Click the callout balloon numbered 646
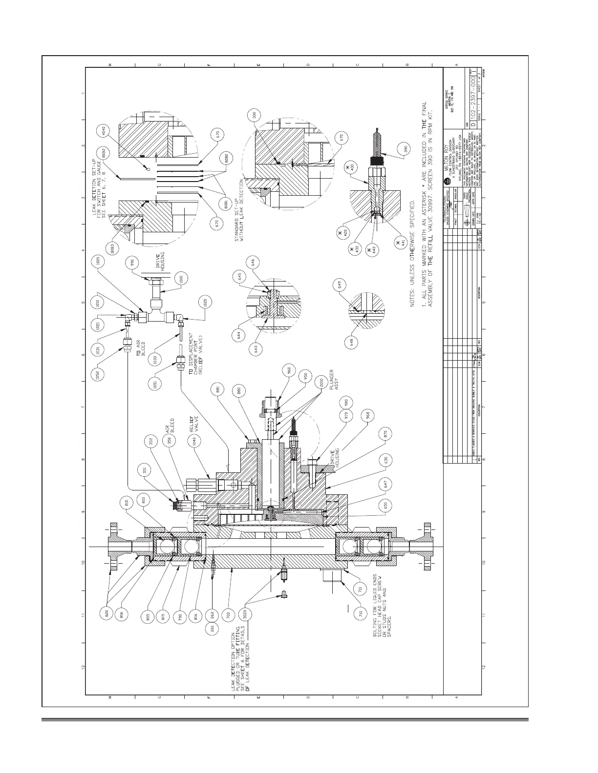(253, 263)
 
